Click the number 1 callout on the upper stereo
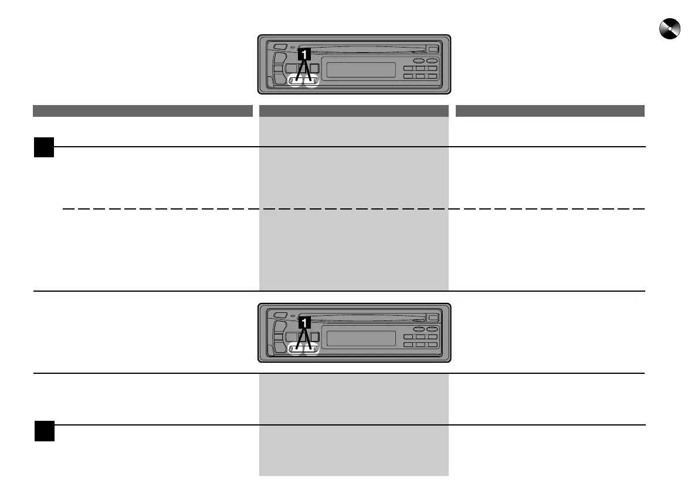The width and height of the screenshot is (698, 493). point(303,54)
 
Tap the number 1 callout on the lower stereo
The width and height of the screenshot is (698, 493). point(303,322)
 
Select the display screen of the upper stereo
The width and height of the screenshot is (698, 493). point(360,70)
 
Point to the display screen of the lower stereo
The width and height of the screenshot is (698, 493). point(360,339)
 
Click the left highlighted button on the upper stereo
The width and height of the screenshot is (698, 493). point(295,82)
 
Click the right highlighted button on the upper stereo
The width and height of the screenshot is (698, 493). point(311,82)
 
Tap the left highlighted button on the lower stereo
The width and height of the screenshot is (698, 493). point(295,350)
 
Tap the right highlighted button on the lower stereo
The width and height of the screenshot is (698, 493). point(311,350)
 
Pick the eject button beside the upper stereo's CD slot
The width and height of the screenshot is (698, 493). point(433,50)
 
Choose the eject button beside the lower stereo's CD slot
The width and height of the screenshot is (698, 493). point(433,318)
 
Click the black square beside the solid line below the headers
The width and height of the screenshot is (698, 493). point(43,147)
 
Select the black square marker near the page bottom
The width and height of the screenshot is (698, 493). point(44,431)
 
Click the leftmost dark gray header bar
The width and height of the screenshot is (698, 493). point(143,111)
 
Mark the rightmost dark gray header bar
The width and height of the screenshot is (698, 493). point(550,111)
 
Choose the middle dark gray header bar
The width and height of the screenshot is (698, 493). point(354,111)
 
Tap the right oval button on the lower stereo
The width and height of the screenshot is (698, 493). point(432,329)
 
